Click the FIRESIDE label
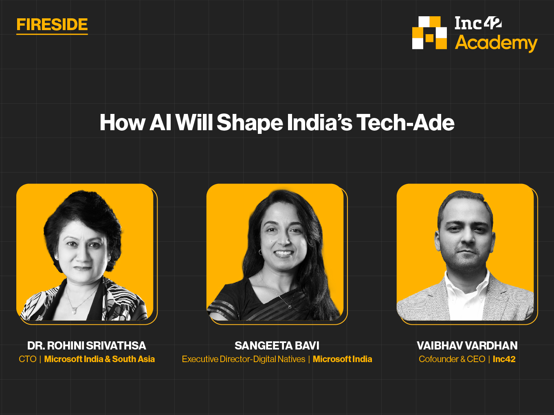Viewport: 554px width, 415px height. pyautogui.click(x=52, y=24)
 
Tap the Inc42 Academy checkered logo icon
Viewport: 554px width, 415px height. pyautogui.click(x=429, y=33)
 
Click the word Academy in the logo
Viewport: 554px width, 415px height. pyautogui.click(x=496, y=43)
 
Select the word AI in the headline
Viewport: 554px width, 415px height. pyautogui.click(x=160, y=122)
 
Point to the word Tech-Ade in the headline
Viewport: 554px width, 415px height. pyautogui.click(x=405, y=122)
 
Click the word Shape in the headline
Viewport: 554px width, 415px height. pyautogui.click(x=250, y=123)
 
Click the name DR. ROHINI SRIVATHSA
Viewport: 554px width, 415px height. pyautogui.click(x=87, y=345)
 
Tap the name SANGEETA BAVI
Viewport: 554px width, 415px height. pyautogui.click(x=277, y=345)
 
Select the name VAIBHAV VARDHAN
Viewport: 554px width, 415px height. pyautogui.click(x=467, y=345)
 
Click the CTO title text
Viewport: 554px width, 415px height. pyautogui.click(x=28, y=359)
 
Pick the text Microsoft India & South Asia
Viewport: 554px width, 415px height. pyautogui.click(x=99, y=359)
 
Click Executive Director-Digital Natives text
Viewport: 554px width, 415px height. pyautogui.click(x=244, y=359)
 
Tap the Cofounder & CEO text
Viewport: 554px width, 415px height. pyautogui.click(x=452, y=359)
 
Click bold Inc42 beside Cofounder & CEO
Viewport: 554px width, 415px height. pyautogui.click(x=504, y=359)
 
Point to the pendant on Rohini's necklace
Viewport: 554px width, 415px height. pyautogui.click(x=74, y=311)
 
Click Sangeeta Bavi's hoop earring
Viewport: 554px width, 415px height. pyautogui.click(x=260, y=252)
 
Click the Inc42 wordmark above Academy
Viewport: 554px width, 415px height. pyautogui.click(x=478, y=23)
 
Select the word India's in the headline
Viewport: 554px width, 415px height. pyautogui.click(x=319, y=122)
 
